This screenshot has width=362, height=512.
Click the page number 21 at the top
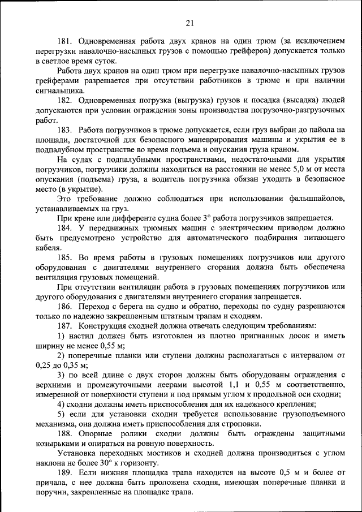point(189,23)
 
